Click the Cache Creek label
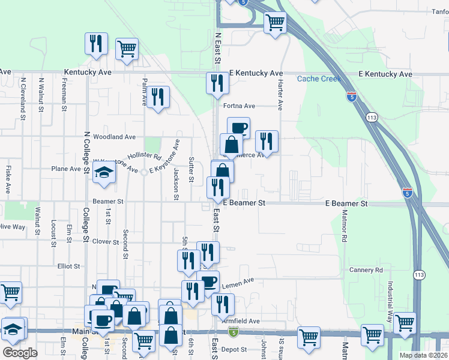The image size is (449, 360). (319, 79)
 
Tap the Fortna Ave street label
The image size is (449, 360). (240, 106)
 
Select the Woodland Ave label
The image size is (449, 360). (114, 137)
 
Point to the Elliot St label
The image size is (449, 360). (69, 266)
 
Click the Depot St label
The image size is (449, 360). (234, 349)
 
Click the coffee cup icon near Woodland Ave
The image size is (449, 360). (238, 127)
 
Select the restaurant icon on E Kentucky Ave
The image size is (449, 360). (217, 83)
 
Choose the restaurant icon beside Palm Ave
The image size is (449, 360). (158, 97)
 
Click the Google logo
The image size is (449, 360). (20, 353)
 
